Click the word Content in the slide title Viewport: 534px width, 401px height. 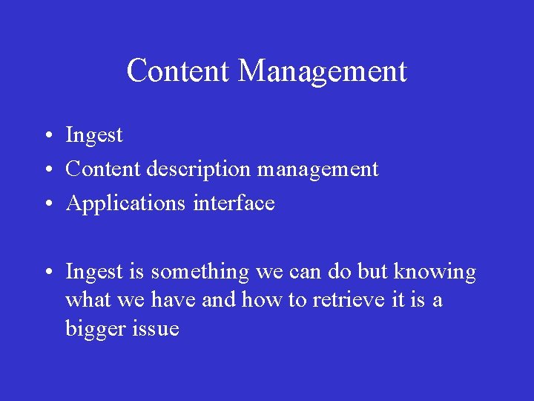pyautogui.click(x=179, y=71)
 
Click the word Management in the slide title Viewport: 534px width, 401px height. pyautogui.click(x=323, y=71)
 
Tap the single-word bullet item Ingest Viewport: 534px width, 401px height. pyautogui.click(x=94, y=135)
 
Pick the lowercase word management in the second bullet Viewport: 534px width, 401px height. pyautogui.click(x=317, y=169)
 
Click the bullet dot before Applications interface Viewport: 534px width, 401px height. pyautogui.click(x=47, y=204)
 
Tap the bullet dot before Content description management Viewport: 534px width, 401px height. pyautogui.click(x=47, y=170)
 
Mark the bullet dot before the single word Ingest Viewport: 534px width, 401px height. pyautogui.click(x=47, y=136)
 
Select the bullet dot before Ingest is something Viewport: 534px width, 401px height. pyautogui.click(x=47, y=273)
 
